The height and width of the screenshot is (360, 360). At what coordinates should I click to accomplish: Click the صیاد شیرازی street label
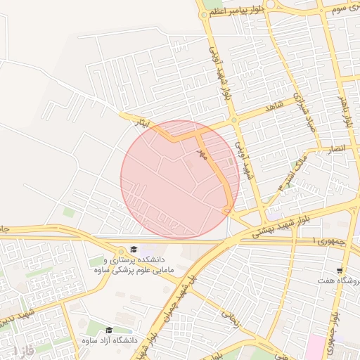(x=301, y=113)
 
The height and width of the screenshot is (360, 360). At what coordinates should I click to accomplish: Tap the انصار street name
(x=335, y=148)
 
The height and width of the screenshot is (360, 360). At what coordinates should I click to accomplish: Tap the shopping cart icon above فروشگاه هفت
(x=340, y=270)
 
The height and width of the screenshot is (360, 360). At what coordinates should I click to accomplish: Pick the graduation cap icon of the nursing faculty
(x=133, y=250)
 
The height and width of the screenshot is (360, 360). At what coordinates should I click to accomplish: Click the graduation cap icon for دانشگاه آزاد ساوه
(x=108, y=330)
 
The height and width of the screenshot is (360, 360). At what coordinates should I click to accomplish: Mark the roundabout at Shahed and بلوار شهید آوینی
(x=234, y=120)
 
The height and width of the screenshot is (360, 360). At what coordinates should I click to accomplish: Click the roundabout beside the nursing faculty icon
(x=112, y=244)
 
